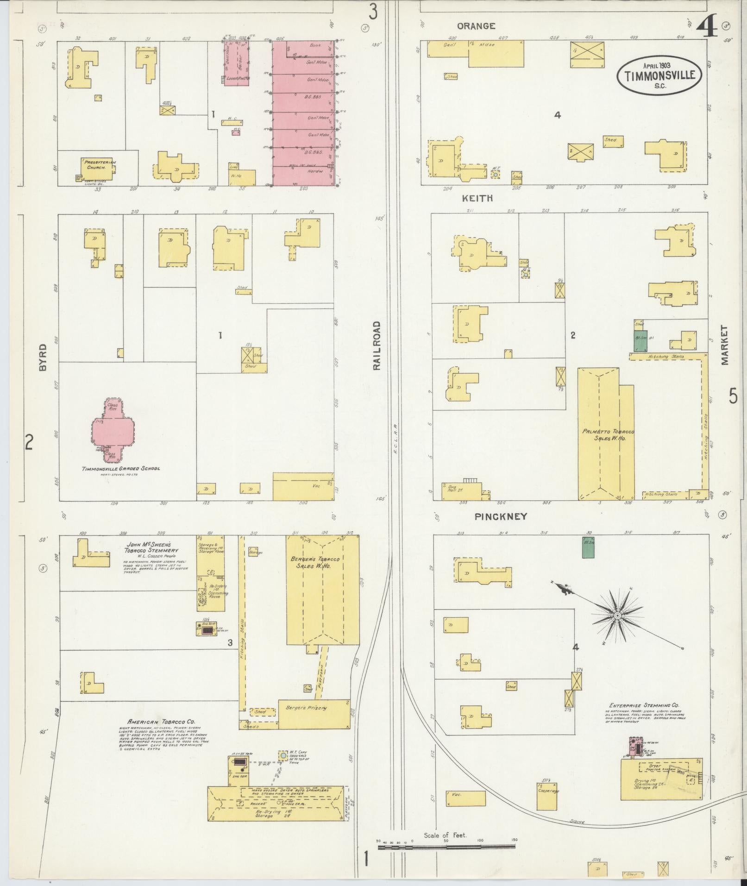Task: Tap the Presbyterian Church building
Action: point(97,166)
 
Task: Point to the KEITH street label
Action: point(477,198)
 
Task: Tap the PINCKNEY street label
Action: point(501,516)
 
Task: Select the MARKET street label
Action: point(724,345)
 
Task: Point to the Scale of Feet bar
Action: point(446,846)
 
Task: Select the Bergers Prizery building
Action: point(314,720)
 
